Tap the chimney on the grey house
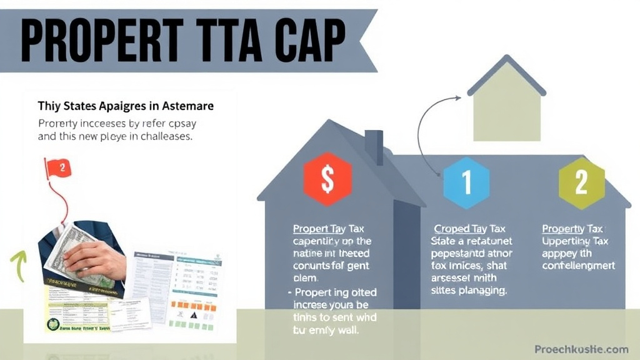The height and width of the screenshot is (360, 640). tap(374, 146)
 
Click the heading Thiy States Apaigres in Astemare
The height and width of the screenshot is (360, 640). tap(126, 106)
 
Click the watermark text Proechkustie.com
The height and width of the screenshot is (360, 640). tap(581, 349)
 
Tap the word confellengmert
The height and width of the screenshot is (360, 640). tap(579, 266)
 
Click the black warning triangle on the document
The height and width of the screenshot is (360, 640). tap(193, 316)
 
